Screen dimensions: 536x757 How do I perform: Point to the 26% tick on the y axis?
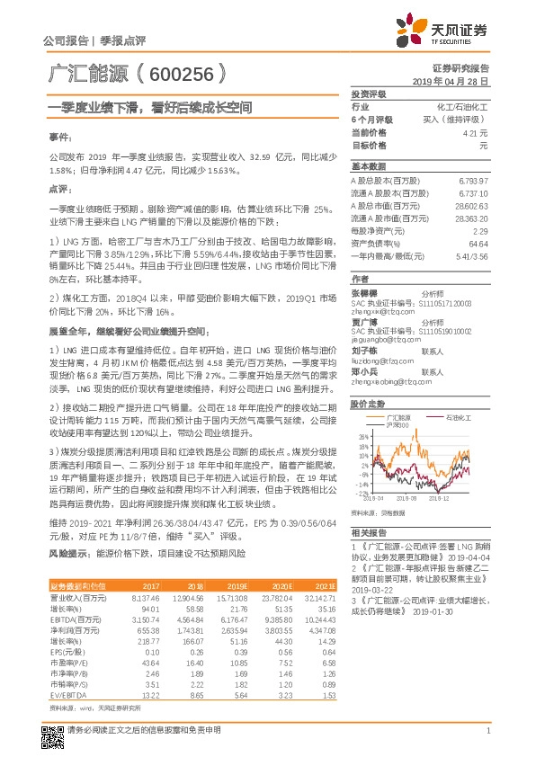362,437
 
